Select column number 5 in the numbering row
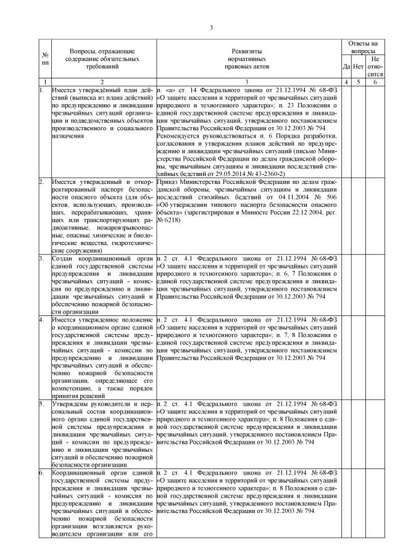click(358, 81)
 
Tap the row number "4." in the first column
click(41, 319)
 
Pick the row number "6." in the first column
click(41, 472)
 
